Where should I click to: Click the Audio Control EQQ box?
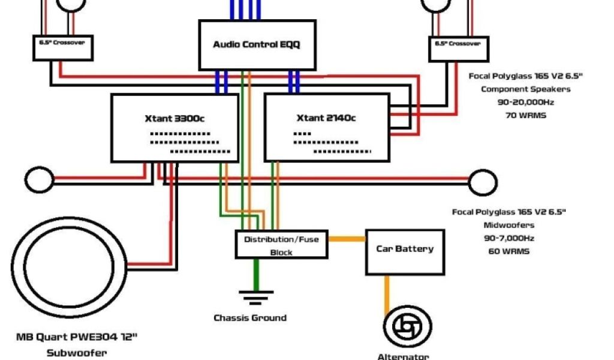pyautogui.click(x=257, y=45)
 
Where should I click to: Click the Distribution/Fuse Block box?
pyautogui.click(x=281, y=245)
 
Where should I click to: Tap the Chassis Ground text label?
pyautogui.click(x=250, y=318)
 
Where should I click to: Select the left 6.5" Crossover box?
pyautogui.click(x=63, y=47)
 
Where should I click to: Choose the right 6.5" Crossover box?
pyautogui.click(x=458, y=48)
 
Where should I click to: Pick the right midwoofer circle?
pyautogui.click(x=482, y=181)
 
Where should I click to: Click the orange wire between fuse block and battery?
pyautogui.click(x=347, y=239)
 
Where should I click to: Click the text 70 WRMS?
pyautogui.click(x=526, y=115)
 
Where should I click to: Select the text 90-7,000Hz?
pyautogui.click(x=508, y=238)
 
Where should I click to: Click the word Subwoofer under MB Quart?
pyautogui.click(x=77, y=353)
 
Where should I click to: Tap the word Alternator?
pyautogui.click(x=403, y=356)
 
